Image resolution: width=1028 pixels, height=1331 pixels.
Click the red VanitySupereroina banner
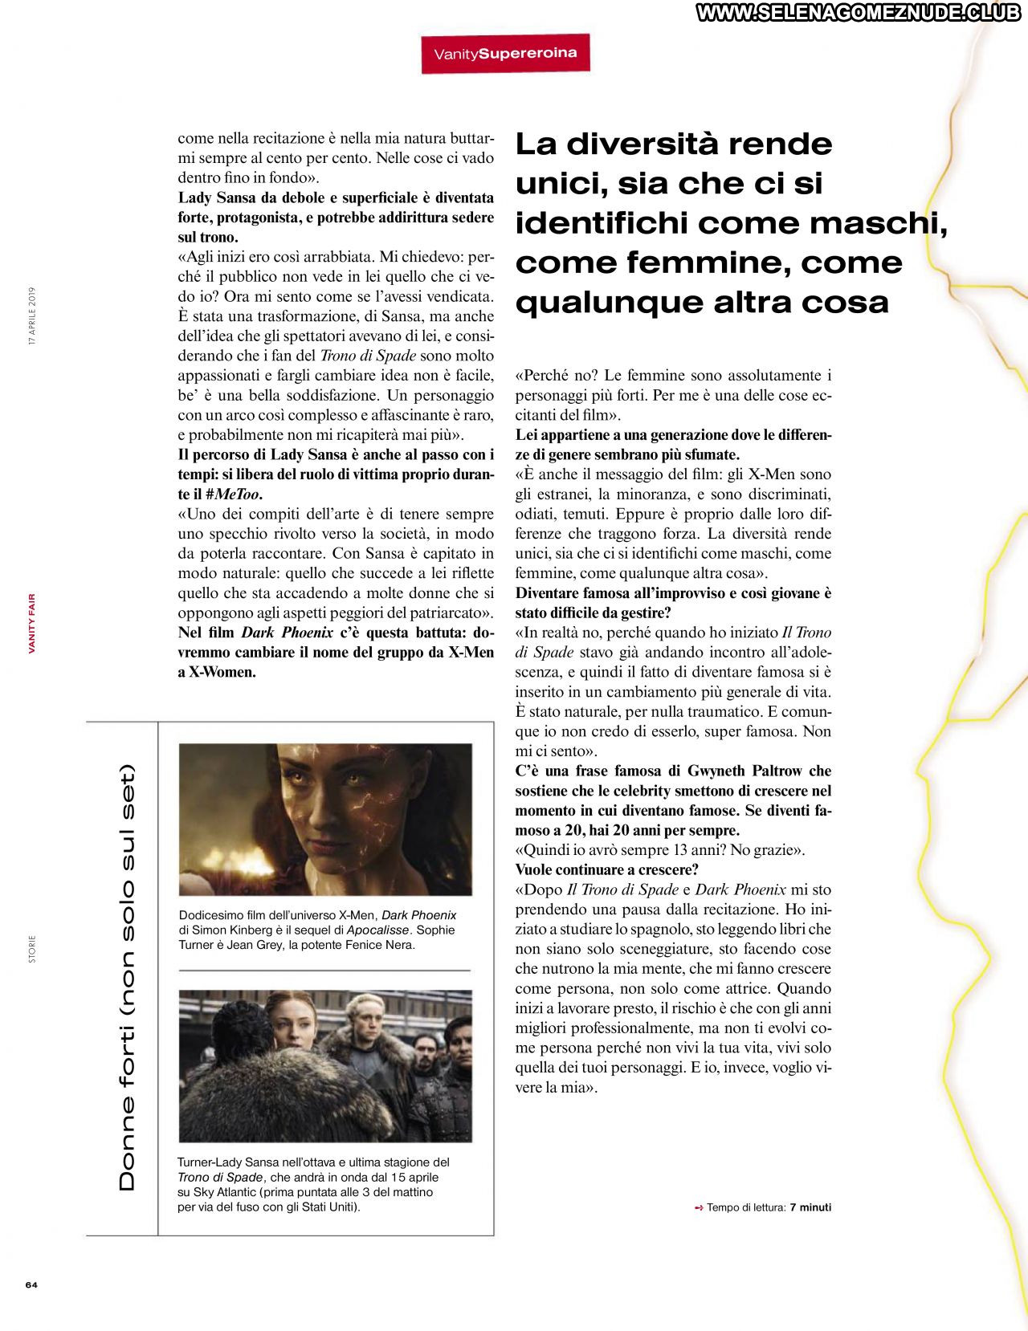pyautogui.click(x=505, y=54)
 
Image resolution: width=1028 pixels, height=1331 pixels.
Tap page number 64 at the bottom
pyautogui.click(x=31, y=1284)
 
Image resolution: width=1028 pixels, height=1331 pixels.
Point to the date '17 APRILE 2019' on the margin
pyautogui.click(x=32, y=316)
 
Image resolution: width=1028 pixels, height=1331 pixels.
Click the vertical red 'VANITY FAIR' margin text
pyautogui.click(x=32, y=623)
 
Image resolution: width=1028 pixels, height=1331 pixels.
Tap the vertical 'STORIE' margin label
pyautogui.click(x=32, y=949)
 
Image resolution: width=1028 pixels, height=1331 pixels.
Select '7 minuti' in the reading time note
pyautogui.click(x=810, y=1207)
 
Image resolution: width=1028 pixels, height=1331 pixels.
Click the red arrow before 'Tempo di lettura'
pyautogui.click(x=699, y=1207)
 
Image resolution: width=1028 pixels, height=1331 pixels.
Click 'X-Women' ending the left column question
pyautogui.click(x=222, y=673)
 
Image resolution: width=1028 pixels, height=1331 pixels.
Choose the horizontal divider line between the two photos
pyautogui.click(x=324, y=971)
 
